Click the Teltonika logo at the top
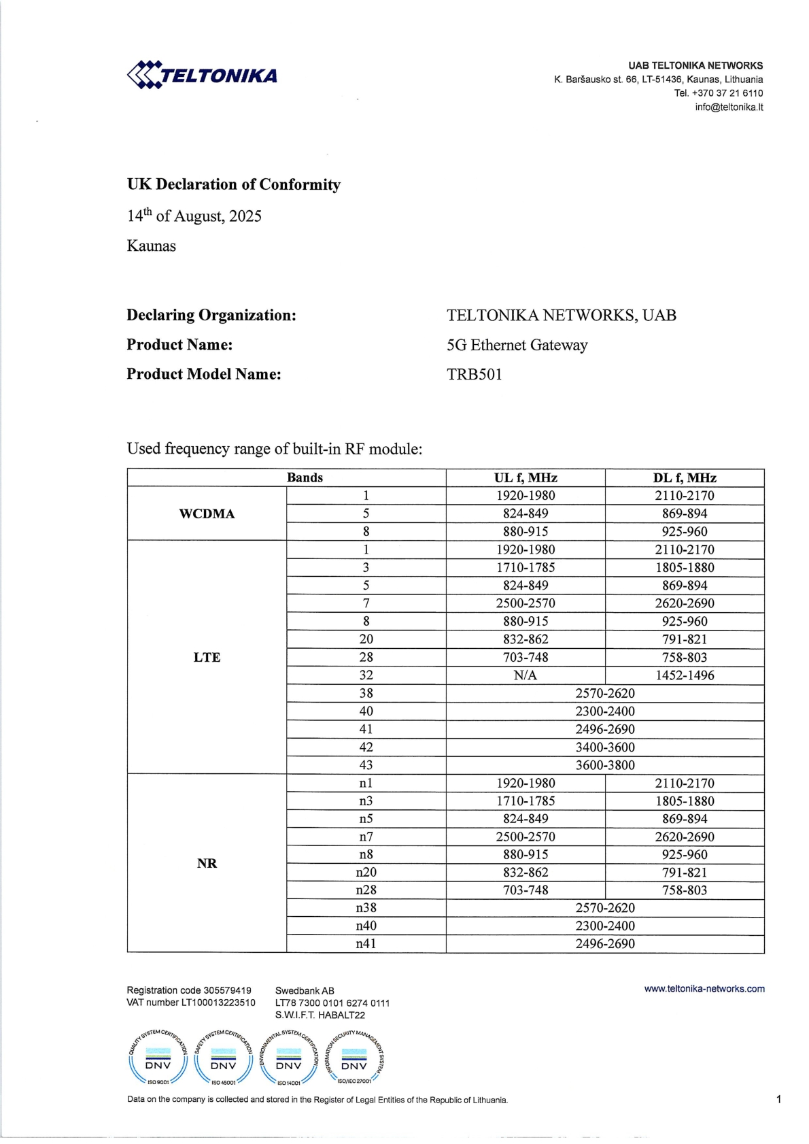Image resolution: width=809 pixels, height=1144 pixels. click(x=202, y=75)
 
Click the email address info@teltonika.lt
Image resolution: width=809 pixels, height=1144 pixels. click(x=728, y=107)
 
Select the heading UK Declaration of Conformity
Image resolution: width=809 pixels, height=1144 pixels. click(x=233, y=184)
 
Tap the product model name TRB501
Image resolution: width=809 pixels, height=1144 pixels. click(x=475, y=374)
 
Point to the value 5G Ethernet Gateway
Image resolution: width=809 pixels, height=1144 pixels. click(x=517, y=345)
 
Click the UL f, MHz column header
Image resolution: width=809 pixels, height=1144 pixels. click(x=526, y=477)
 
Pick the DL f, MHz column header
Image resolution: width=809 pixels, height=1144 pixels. click(x=685, y=477)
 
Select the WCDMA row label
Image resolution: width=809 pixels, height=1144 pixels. click(x=207, y=514)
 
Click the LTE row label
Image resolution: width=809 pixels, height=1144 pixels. click(x=207, y=657)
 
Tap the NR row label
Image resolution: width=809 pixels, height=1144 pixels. click(x=207, y=863)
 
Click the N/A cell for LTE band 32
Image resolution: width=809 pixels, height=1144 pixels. click(x=526, y=675)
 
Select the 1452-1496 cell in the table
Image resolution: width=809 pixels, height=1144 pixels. click(x=685, y=675)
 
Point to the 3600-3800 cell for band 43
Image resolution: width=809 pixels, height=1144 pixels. click(x=605, y=765)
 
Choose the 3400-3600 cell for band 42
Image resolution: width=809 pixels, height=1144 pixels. click(x=605, y=747)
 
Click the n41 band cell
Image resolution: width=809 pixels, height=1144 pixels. click(x=366, y=944)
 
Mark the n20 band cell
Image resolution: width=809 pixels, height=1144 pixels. click(x=366, y=872)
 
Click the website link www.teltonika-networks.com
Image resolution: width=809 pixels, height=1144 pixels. click(x=704, y=989)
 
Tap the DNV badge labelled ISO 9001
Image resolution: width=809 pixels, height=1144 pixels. click(x=158, y=1058)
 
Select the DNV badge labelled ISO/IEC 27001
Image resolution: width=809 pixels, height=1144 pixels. click(x=354, y=1058)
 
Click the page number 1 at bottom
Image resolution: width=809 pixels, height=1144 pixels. click(x=778, y=1099)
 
